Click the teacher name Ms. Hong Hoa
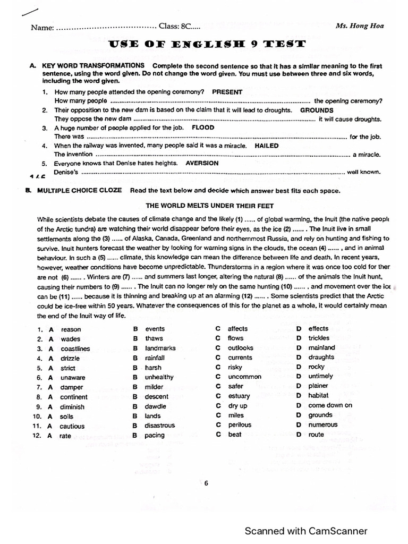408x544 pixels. click(360, 25)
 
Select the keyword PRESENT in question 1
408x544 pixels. click(227, 92)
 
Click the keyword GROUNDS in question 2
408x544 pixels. click(317, 110)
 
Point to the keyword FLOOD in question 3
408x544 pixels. click(203, 128)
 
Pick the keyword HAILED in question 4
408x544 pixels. click(267, 146)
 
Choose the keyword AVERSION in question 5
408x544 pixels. click(202, 164)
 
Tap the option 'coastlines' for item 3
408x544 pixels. click(75, 349)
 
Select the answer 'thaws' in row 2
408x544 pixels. click(154, 338)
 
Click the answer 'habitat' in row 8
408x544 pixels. click(318, 395)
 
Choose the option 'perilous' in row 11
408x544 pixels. click(240, 425)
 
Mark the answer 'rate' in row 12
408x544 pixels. click(65, 436)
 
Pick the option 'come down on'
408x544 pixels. click(330, 405)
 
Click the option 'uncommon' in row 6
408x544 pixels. click(244, 377)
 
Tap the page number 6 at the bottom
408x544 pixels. click(206, 483)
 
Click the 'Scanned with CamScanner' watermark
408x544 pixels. click(305, 531)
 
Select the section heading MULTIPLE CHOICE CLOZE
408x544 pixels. click(79, 191)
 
